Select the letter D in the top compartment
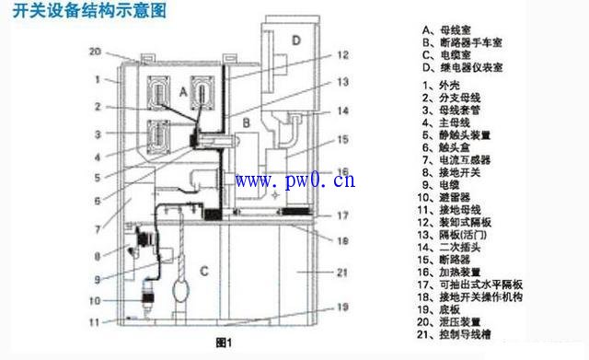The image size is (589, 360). pyautogui.click(x=295, y=40)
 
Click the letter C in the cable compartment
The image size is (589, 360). pyautogui.click(x=206, y=269)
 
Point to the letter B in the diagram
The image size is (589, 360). pyautogui.click(x=246, y=120)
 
